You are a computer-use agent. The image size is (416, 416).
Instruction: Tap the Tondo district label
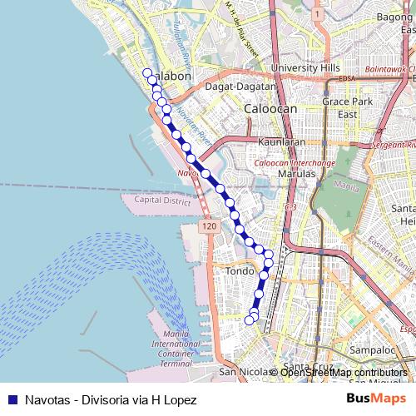tap(240, 271)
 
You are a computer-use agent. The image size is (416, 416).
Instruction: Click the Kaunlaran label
tap(278, 142)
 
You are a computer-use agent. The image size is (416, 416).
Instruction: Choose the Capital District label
tap(163, 201)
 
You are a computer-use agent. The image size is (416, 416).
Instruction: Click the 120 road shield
tap(208, 226)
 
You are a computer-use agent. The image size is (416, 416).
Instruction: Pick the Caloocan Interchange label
tap(294, 163)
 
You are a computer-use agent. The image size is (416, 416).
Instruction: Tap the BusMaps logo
tap(376, 399)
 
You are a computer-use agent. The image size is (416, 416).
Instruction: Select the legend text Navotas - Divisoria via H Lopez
tap(111, 399)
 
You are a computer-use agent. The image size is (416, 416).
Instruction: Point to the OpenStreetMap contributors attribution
tap(343, 373)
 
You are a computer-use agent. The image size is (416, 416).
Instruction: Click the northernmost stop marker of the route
tap(147, 73)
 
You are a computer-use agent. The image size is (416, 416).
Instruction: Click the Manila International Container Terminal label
tap(176, 349)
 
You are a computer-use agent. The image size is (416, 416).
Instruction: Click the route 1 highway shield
tap(317, 14)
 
